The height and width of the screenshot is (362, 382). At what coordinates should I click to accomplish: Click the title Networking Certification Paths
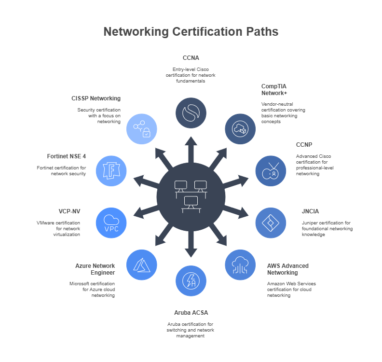point(191,32)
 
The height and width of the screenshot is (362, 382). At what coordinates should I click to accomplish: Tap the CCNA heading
point(191,58)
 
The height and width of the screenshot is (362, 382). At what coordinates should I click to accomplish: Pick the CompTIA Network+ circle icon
point(241,129)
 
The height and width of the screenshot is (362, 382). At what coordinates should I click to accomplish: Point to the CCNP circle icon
point(270,171)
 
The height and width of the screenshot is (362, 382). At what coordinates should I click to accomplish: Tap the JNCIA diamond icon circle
point(270,223)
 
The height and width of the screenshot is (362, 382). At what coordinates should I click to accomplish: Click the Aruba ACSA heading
point(191,313)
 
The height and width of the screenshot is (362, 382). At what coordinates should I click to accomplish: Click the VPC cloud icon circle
point(111,223)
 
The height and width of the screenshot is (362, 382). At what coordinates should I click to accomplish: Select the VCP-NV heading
point(69,211)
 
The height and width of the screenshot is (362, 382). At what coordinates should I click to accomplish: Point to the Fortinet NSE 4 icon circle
point(111,171)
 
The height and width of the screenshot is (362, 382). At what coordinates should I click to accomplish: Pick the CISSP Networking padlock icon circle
point(141,129)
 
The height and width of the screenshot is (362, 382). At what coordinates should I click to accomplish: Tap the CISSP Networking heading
point(95,98)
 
